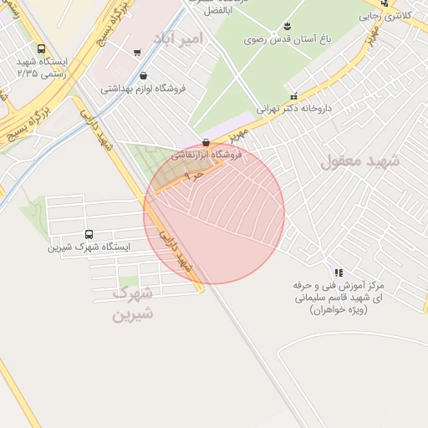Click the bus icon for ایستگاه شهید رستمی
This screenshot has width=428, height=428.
pos(41,48)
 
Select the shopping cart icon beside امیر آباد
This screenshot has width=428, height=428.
pos(137,52)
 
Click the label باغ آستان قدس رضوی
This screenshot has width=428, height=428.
pos(287,38)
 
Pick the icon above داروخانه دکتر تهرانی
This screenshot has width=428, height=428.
pos(294,96)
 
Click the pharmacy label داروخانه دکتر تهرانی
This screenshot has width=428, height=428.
pos(303,109)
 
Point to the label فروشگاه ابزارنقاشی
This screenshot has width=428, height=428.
pos(206,155)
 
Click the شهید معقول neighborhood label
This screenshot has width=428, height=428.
pos(359,160)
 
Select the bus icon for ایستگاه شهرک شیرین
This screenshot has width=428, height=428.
pos(89,234)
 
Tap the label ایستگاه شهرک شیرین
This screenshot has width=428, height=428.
pos(89,247)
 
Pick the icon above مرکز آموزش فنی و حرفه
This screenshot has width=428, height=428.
pos(338,273)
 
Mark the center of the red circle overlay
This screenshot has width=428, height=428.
pos(214,214)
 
